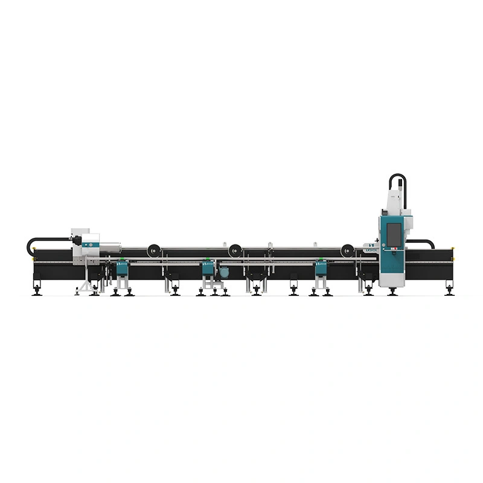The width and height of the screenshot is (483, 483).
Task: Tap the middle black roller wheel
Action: click(x=235, y=249)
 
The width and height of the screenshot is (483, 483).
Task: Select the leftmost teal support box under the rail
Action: click(x=123, y=268)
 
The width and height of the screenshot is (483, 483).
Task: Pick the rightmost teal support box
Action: click(x=321, y=268)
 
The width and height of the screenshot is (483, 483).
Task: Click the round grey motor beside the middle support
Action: click(x=224, y=272)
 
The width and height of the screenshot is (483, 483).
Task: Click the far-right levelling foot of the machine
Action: click(x=449, y=292)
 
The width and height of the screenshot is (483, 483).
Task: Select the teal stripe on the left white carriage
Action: click(x=91, y=245)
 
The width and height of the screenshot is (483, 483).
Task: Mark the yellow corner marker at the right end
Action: click(x=452, y=248)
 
